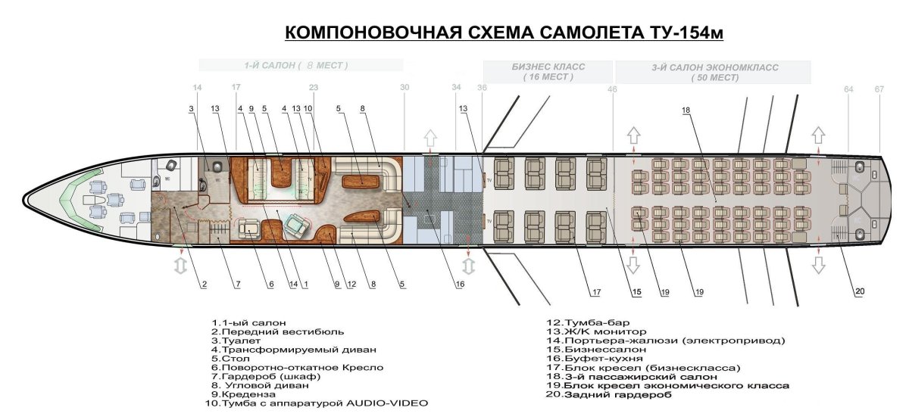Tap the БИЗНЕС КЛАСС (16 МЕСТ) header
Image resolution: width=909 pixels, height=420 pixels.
pos(548,72)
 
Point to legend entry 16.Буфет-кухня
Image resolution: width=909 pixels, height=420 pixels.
pos(583,359)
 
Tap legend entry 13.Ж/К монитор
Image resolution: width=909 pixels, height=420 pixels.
pos(595,332)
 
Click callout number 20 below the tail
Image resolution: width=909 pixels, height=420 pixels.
pos(858,291)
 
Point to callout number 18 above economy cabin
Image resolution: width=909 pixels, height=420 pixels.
pos(686,110)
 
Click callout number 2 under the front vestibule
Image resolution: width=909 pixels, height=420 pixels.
pos(203,285)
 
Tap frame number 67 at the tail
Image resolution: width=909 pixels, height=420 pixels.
pos(879,89)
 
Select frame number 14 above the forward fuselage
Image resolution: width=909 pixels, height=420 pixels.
pos(198,88)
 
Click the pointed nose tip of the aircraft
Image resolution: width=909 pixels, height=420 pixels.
pos(24,200)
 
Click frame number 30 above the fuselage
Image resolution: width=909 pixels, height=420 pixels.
pos(405,88)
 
